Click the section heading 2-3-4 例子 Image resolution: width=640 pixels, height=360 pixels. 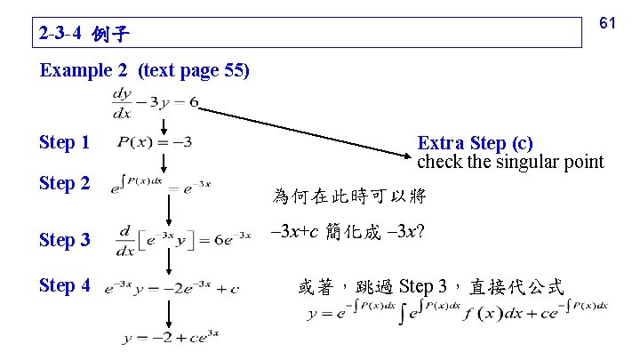(x=85, y=36)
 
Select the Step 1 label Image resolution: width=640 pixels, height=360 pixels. (x=65, y=142)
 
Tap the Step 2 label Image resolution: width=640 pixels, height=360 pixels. (x=65, y=184)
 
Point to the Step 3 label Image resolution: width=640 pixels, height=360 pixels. (x=65, y=239)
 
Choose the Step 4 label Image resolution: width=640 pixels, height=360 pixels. (x=65, y=286)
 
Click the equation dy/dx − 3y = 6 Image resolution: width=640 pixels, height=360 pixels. (x=155, y=102)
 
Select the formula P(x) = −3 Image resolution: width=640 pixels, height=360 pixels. (x=155, y=142)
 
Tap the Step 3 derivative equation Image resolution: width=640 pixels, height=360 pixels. (x=181, y=238)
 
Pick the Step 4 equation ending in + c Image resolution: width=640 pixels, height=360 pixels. (x=172, y=287)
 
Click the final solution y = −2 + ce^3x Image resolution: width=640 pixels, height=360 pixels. (x=171, y=336)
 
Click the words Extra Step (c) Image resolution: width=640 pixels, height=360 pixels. (x=476, y=143)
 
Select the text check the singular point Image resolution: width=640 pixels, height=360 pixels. (x=510, y=162)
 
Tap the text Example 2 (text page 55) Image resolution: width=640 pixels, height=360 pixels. (x=145, y=70)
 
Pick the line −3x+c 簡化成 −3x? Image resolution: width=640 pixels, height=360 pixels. (x=348, y=232)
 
